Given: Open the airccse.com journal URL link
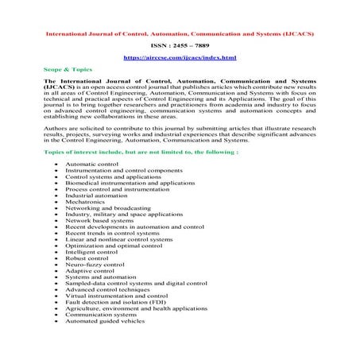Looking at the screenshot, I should (180, 60).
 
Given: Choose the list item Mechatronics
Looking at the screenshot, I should (88, 201).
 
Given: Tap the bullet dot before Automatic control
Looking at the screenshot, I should (56, 163).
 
